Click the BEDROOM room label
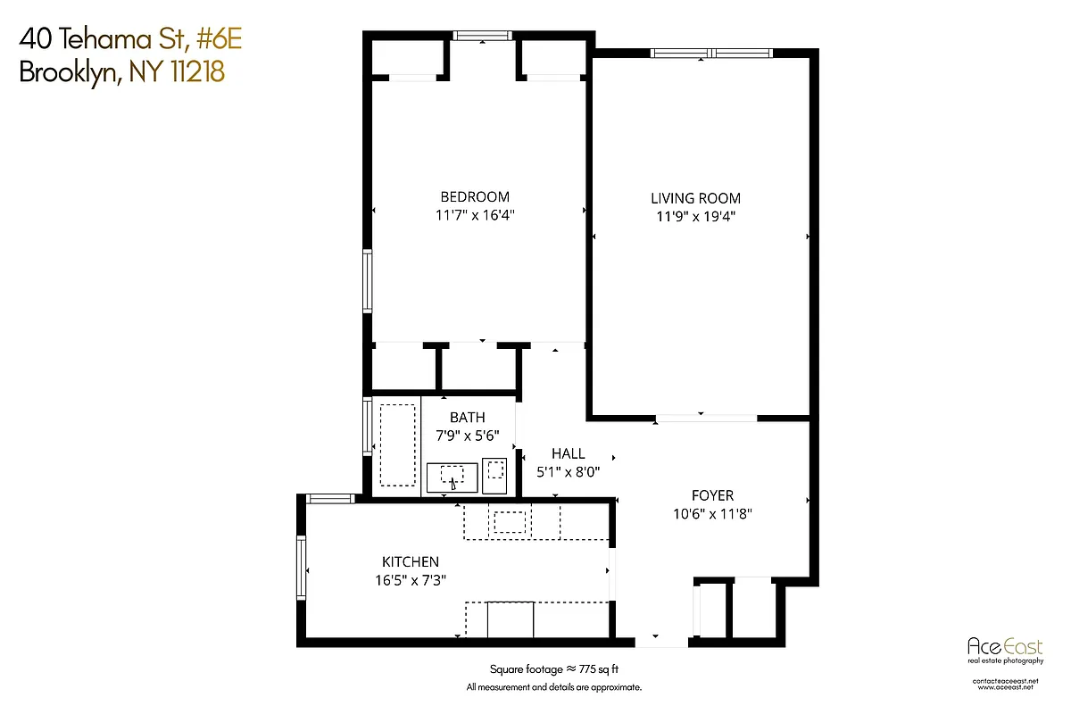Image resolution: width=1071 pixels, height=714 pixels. [x=474, y=197]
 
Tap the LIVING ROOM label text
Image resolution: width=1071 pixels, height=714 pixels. [x=695, y=198]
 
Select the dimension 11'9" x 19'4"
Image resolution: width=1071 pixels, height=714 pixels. [x=695, y=216]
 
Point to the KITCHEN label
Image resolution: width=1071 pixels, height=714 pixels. [x=410, y=561]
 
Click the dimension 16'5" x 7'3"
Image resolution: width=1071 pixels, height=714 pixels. [x=410, y=579]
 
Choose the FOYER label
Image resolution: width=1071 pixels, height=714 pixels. [x=712, y=495]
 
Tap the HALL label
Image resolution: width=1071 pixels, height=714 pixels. [x=568, y=453]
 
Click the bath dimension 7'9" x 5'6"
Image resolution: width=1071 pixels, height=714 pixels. [x=467, y=435]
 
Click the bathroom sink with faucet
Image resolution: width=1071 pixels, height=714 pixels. [x=452, y=477]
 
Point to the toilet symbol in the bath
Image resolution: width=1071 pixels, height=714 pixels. [x=495, y=473]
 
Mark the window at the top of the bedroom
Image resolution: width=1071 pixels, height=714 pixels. [x=481, y=36]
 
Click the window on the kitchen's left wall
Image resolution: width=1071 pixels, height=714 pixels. [x=302, y=569]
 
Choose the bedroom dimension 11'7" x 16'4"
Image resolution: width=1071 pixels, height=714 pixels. [x=474, y=215]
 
